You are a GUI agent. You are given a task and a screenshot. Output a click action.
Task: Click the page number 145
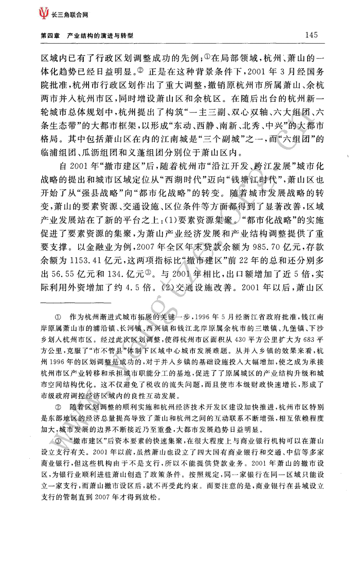pos(313,35)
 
